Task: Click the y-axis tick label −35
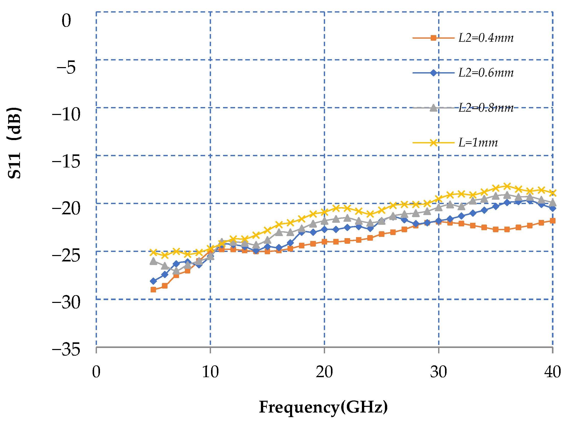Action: [x=66, y=350]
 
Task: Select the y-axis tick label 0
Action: [x=66, y=20]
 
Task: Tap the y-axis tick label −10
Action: [x=66, y=114]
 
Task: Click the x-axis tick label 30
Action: [x=438, y=372]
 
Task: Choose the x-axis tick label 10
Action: [x=210, y=372]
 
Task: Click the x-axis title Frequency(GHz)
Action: [x=323, y=407]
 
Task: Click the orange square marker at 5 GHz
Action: [x=153, y=290]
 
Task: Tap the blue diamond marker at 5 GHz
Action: [x=153, y=281]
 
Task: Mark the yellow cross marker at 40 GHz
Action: [x=553, y=193]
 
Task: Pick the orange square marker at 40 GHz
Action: [x=553, y=221]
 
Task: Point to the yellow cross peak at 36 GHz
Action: [x=507, y=186]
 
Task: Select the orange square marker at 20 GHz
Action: [x=324, y=242]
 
